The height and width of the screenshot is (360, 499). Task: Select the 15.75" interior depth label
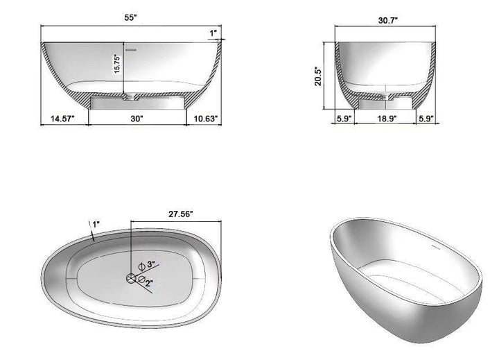[x=118, y=65]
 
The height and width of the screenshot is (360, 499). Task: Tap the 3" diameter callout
[x=150, y=265]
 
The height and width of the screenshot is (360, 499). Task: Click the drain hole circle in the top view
[x=132, y=278]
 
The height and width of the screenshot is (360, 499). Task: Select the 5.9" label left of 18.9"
[x=344, y=119]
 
